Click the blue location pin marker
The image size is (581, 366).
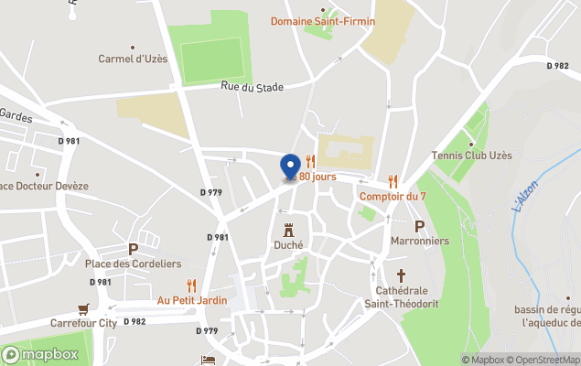point(290,167)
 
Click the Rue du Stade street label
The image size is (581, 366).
point(252,87)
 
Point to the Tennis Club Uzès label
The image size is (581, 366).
point(471,156)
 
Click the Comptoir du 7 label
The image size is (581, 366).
point(393,196)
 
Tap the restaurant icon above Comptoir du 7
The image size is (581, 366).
point(393,181)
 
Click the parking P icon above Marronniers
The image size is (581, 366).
point(420,226)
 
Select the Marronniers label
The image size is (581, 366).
point(420,241)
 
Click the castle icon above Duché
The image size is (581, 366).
point(288,229)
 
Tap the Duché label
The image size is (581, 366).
point(288,244)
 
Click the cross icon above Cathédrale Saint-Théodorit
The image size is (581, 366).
point(401,274)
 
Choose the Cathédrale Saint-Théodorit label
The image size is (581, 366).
point(401,296)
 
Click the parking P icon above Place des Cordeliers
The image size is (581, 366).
point(133,249)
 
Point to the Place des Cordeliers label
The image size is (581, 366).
point(133,264)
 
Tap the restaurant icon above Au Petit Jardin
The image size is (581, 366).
point(191,285)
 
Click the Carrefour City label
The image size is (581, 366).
point(108,322)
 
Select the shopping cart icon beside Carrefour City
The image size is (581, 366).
point(84,308)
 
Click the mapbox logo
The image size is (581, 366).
point(41,354)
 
